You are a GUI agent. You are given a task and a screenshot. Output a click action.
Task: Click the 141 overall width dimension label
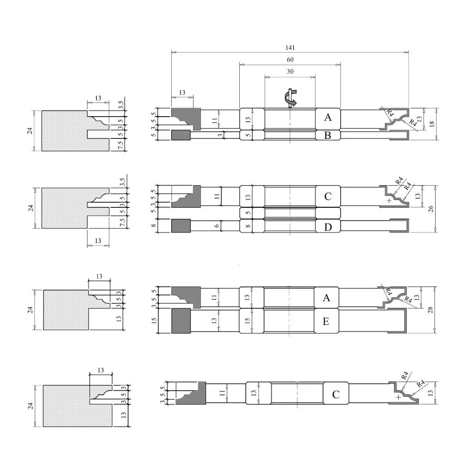tap(290, 48)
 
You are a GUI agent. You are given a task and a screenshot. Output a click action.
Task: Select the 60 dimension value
tap(290, 60)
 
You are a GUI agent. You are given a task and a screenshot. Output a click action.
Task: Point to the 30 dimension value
tap(290, 71)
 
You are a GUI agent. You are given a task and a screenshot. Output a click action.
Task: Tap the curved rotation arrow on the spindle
tap(291, 98)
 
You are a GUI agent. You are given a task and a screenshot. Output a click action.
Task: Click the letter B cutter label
tap(328, 135)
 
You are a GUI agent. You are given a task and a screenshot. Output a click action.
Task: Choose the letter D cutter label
tap(328, 227)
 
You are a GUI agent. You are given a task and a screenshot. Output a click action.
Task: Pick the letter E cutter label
tap(326, 321)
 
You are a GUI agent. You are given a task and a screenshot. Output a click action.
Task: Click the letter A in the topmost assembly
tap(328, 117)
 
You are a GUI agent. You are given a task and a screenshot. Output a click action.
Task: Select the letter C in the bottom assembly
tap(336, 394)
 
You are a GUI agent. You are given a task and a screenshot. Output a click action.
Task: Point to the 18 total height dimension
tap(432, 124)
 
